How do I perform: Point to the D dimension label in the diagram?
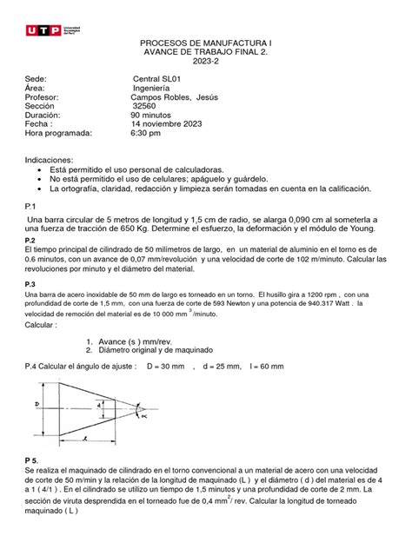[32, 404]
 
